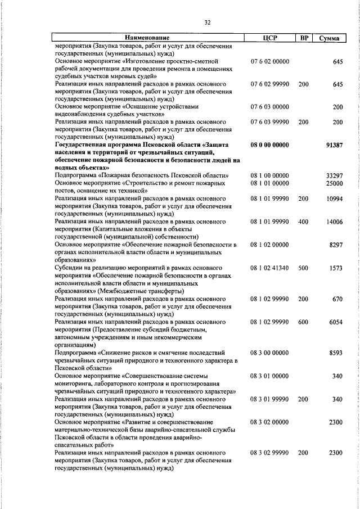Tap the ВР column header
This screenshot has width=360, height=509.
pos(304,38)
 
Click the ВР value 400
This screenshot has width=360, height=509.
pos(303,222)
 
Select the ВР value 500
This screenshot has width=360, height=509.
pos(303,268)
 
